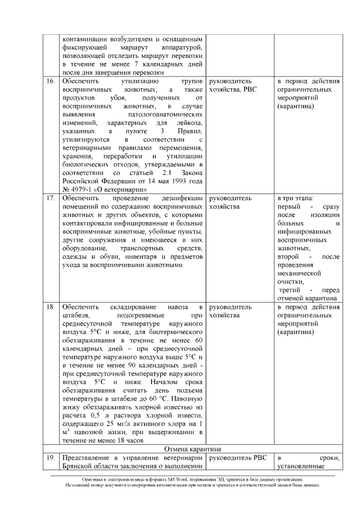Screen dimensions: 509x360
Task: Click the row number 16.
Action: click(49, 82)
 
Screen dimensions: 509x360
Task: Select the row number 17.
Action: click(49, 199)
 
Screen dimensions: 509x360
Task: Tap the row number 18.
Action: click(49, 308)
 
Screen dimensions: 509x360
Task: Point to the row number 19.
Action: click(49, 458)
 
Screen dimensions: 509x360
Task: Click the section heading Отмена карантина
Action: click(192, 449)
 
